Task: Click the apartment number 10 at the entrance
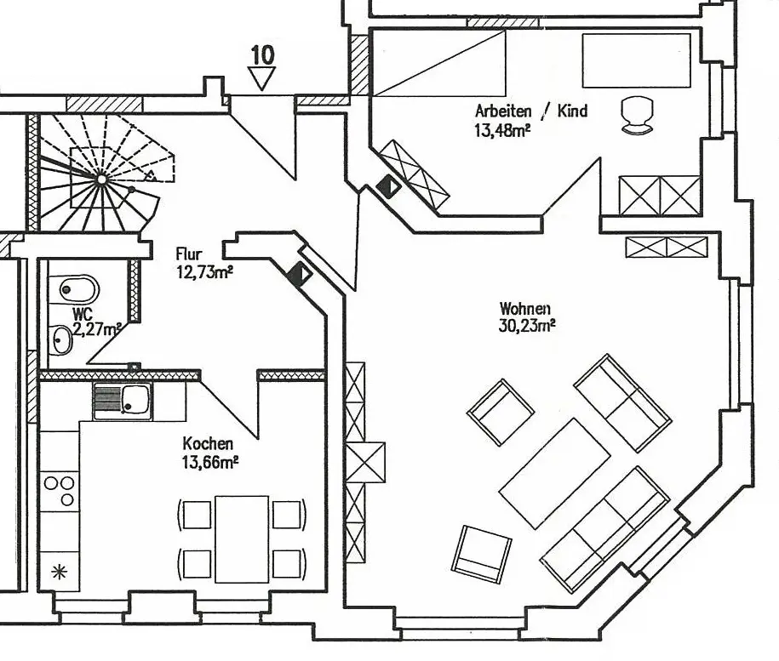tap(262, 55)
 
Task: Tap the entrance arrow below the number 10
tap(262, 80)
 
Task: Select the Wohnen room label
tap(525, 308)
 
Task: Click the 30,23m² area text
tap(528, 324)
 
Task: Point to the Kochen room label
tap(208, 444)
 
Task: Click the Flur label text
tap(188, 254)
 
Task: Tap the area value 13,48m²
tap(503, 129)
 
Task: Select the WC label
tap(83, 314)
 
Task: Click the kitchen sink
tap(123, 400)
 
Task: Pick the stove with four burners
tap(60, 491)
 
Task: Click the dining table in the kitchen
tap(242, 538)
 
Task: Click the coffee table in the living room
tap(554, 473)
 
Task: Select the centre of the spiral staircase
tap(101, 179)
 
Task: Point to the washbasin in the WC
tap(61, 340)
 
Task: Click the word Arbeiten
tap(503, 111)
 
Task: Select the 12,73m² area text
tap(204, 271)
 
